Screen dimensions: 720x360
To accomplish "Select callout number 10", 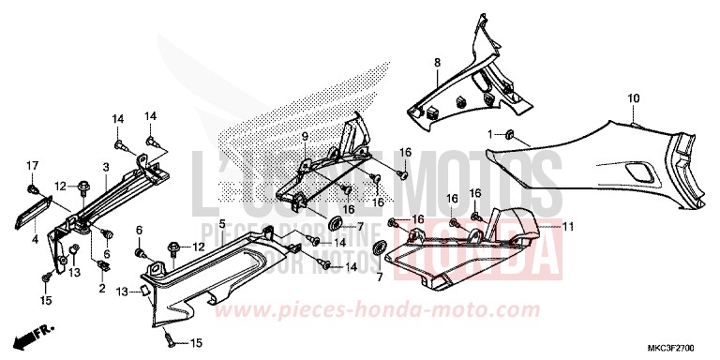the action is click(633, 97).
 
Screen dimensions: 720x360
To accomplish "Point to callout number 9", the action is click(305, 137).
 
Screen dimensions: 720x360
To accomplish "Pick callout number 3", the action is click(106, 167).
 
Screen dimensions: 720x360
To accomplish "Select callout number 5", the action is click(222, 224).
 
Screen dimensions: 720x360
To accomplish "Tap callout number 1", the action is click(489, 135).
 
